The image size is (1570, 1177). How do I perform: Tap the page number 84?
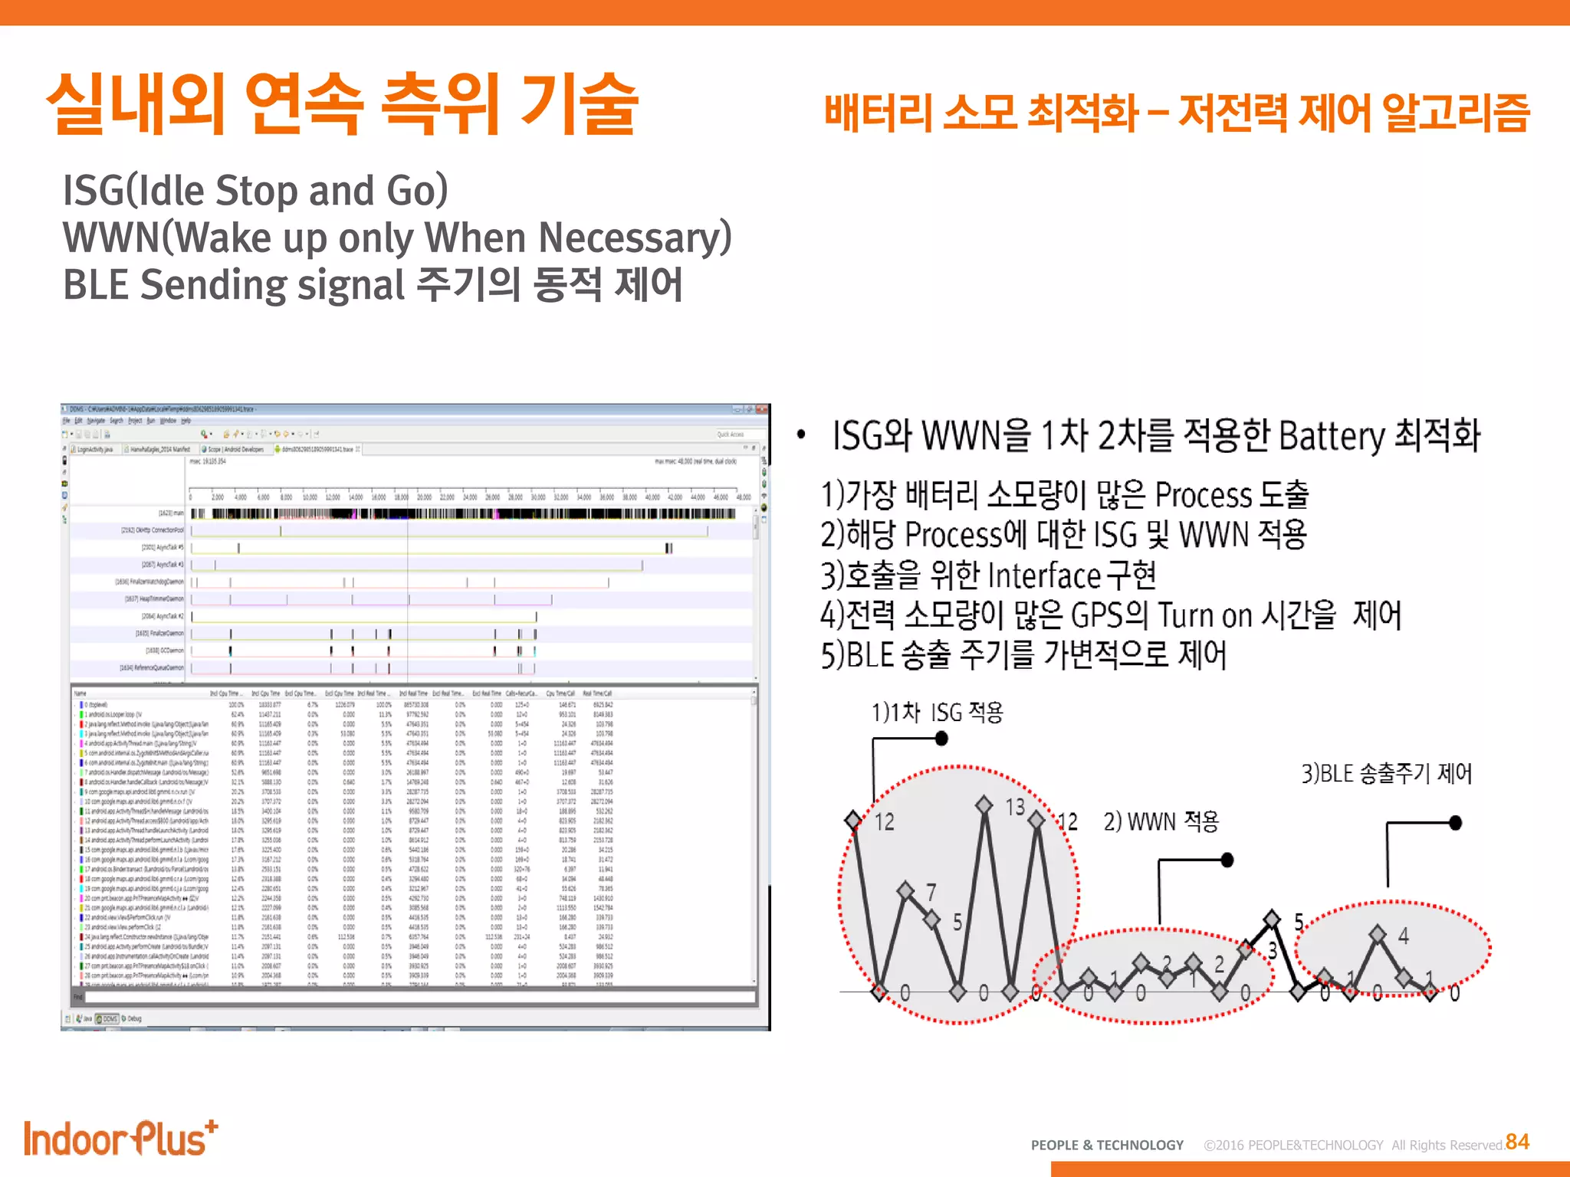click(x=1517, y=1142)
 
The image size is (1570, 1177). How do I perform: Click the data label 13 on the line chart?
click(x=1015, y=807)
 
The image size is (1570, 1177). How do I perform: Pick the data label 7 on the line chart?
click(x=931, y=892)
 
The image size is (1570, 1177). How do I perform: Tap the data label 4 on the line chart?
click(x=1403, y=936)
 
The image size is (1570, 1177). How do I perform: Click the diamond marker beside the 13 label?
click(x=984, y=804)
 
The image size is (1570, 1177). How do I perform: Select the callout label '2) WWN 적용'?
click(x=1161, y=821)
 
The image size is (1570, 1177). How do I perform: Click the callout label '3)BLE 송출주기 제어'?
click(x=1386, y=773)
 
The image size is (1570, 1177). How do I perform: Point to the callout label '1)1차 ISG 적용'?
click(x=937, y=713)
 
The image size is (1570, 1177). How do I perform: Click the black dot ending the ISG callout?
click(x=942, y=739)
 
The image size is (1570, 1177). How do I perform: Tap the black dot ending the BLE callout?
click(x=1455, y=823)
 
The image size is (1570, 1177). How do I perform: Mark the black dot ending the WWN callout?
click(x=1227, y=860)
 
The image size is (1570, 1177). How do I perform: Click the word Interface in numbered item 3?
click(x=1044, y=575)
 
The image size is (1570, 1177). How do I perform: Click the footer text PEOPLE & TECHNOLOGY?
click(x=1107, y=1145)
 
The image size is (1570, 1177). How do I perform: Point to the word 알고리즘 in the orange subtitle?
click(x=1456, y=113)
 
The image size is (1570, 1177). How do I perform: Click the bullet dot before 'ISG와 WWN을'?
click(x=801, y=434)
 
